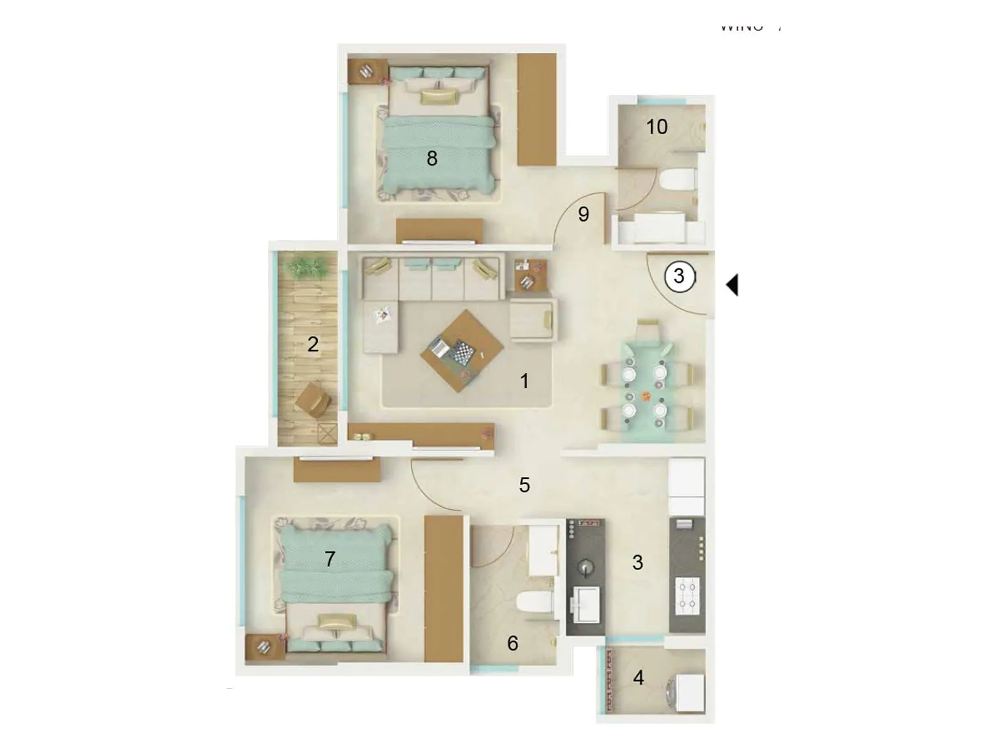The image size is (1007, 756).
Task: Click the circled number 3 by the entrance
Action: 679,276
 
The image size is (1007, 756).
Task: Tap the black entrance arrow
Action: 733,285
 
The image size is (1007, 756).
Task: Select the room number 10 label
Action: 656,127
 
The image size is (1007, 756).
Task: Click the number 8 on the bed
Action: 432,158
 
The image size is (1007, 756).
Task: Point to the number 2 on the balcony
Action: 313,344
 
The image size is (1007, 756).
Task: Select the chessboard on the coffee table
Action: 464,352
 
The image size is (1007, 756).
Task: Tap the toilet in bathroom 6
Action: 534,602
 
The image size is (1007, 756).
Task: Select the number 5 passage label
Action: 524,484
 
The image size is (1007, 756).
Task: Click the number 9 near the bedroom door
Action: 583,214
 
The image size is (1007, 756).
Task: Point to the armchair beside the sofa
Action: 532,319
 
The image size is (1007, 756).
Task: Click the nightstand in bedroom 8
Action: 366,71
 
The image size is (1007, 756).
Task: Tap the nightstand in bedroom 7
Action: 264,647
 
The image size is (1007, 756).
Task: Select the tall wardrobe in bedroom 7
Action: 444,588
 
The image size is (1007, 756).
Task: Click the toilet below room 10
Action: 677,179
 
